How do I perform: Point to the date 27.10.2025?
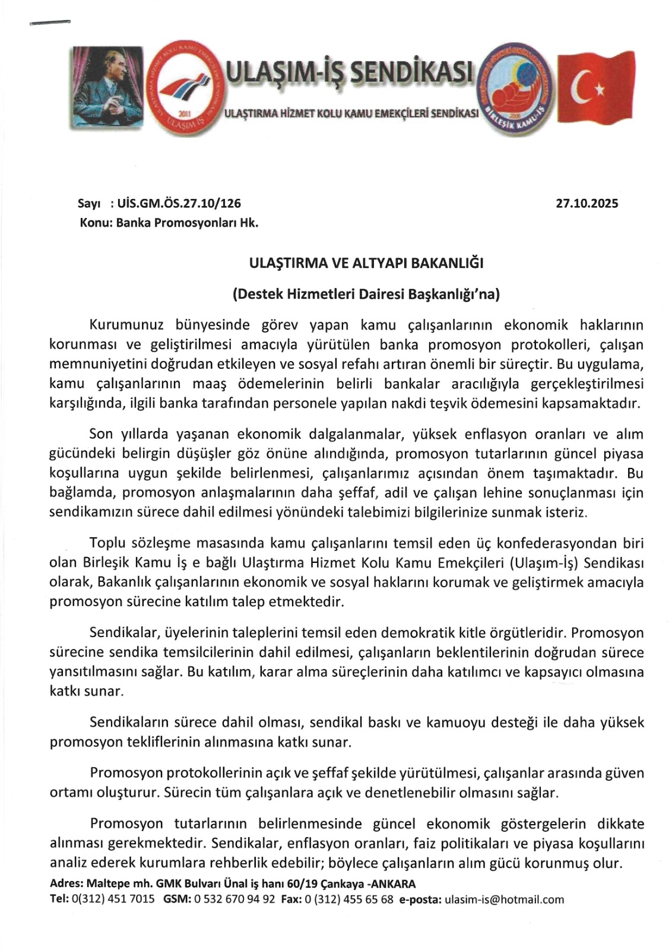pos(587,204)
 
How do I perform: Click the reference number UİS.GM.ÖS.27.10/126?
pos(179,204)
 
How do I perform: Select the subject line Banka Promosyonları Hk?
pos(187,223)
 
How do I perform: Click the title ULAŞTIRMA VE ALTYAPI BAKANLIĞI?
pos(366,262)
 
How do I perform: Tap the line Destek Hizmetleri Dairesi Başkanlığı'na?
pos(366,294)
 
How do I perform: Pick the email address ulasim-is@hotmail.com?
pos(504,900)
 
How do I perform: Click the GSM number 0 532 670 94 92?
pos(234,900)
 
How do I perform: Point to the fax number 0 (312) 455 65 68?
pos(348,900)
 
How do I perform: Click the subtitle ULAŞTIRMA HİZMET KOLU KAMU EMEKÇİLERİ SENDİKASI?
pos(351,113)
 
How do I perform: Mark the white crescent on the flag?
pos(581,89)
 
